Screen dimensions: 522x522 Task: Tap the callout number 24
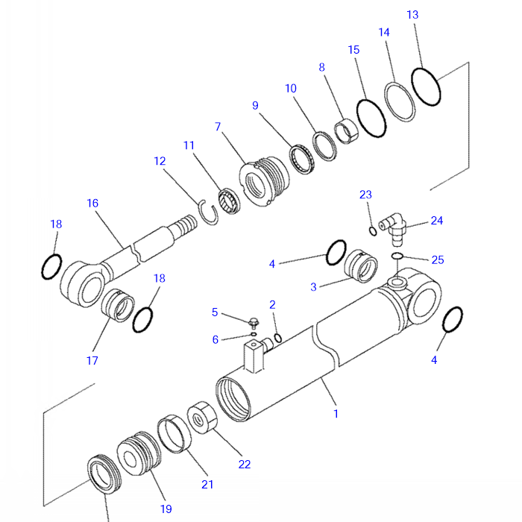437,221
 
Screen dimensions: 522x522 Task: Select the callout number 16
92,203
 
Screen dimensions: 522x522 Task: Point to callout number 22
245,464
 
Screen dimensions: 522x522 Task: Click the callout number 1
336,413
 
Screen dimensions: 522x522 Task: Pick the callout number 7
218,127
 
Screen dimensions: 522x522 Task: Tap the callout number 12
160,160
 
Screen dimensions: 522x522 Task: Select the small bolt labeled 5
254,323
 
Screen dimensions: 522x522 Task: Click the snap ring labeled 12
208,213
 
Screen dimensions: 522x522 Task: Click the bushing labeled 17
116,308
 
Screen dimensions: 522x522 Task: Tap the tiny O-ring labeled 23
373,230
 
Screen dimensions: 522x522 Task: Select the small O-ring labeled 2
277,339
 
